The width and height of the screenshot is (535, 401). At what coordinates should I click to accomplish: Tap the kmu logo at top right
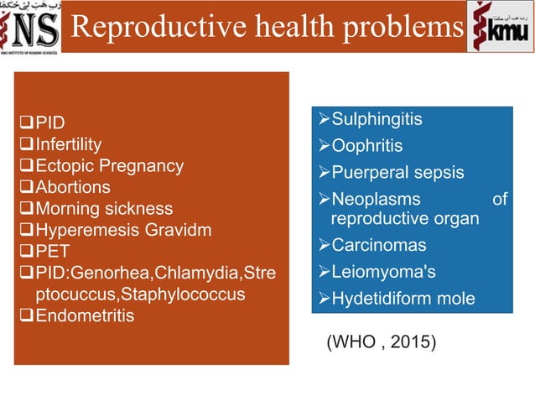point(501,27)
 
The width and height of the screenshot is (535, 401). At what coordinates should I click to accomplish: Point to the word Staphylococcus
point(190,294)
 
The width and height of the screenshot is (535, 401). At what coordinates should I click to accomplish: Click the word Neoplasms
point(376,200)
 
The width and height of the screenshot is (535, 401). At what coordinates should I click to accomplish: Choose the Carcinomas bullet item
point(377,246)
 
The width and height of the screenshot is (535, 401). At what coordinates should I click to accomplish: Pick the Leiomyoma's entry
point(382,272)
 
